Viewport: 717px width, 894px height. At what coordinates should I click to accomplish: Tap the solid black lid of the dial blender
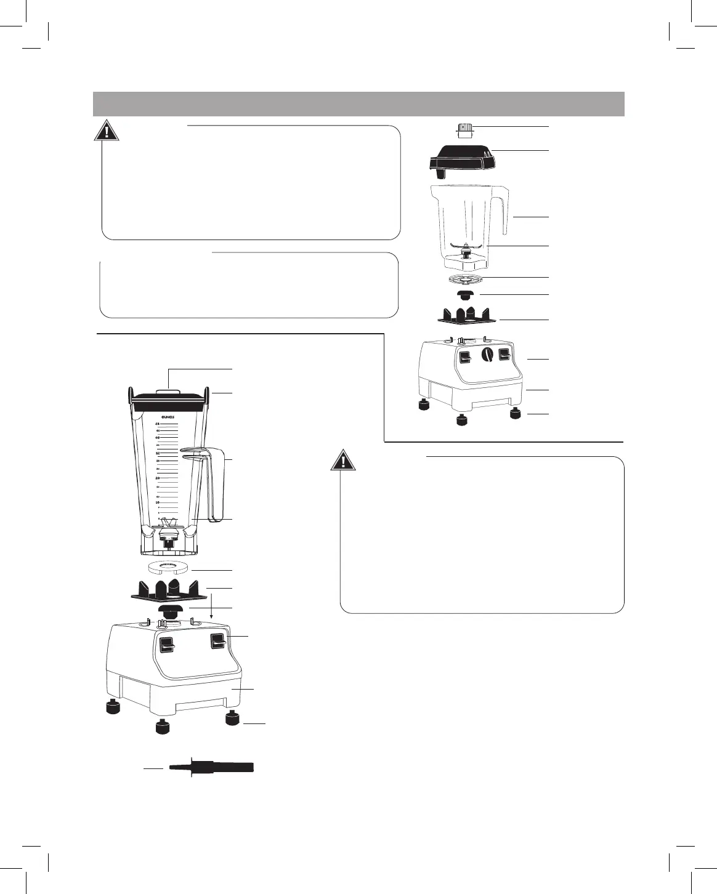(x=462, y=158)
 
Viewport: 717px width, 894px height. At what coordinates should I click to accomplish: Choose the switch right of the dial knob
(x=504, y=355)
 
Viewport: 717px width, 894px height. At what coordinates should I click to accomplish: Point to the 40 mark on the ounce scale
(x=158, y=437)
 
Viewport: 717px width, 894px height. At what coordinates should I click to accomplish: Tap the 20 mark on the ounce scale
(x=158, y=478)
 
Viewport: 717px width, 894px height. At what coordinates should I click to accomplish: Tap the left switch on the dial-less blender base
(x=166, y=645)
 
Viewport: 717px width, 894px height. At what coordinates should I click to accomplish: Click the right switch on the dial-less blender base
(x=216, y=642)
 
